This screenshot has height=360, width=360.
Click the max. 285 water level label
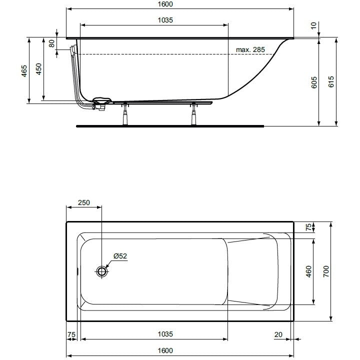[x=250, y=49]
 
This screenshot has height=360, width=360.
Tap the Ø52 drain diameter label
[x=120, y=256]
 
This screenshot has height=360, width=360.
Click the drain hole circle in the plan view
[x=101, y=271]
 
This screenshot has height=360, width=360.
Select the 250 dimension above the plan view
[x=84, y=202]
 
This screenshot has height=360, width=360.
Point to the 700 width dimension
[x=326, y=271]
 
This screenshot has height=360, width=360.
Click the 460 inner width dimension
[x=309, y=271]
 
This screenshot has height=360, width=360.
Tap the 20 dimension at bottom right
[x=278, y=334]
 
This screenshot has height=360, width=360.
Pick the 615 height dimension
[x=331, y=81]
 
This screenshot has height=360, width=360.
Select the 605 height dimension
[x=314, y=82]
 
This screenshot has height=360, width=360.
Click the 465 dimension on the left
[x=24, y=70]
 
